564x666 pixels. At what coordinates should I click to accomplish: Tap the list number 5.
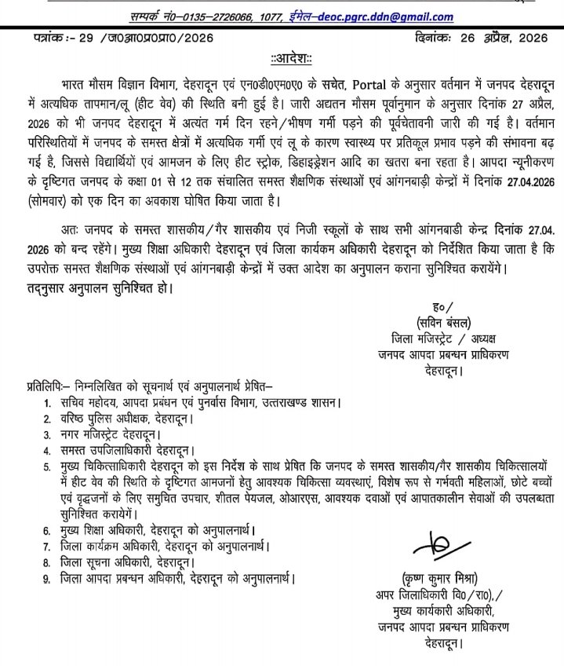[x=47, y=467]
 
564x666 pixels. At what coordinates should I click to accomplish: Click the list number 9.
[x=47, y=579]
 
